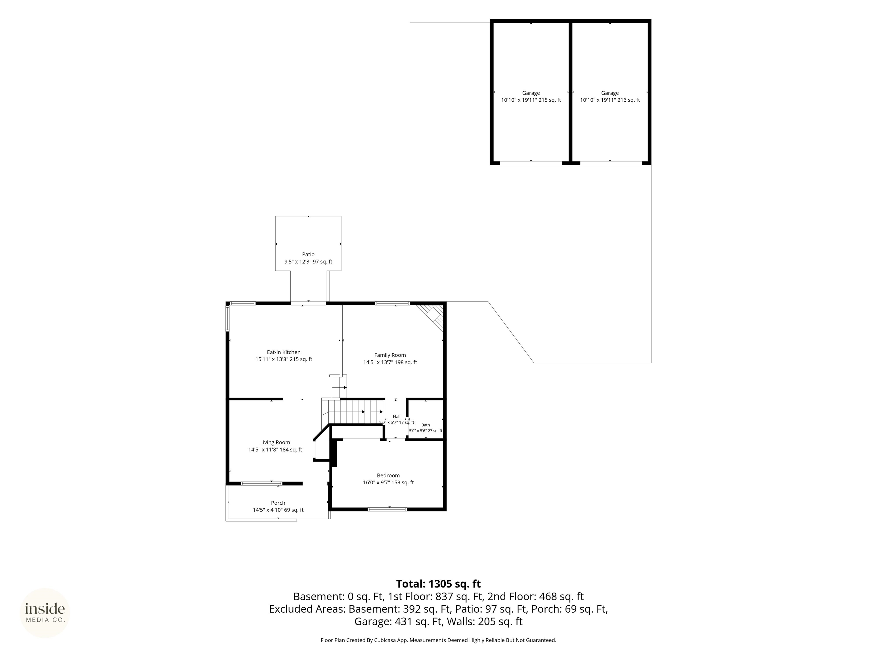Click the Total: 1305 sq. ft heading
(438, 584)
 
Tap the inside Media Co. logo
(45, 613)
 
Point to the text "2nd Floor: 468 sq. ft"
(536, 597)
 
